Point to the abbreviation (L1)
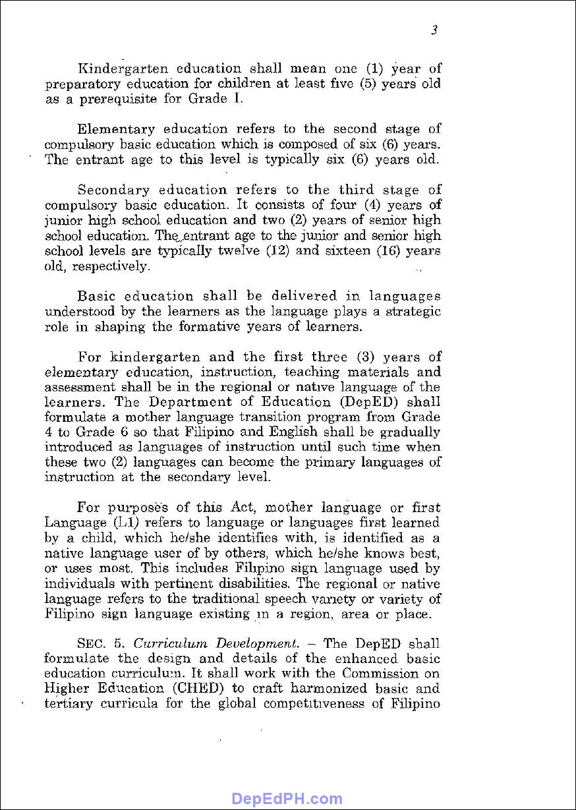point(126,523)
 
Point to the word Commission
point(381,674)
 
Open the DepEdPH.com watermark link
point(287,799)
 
